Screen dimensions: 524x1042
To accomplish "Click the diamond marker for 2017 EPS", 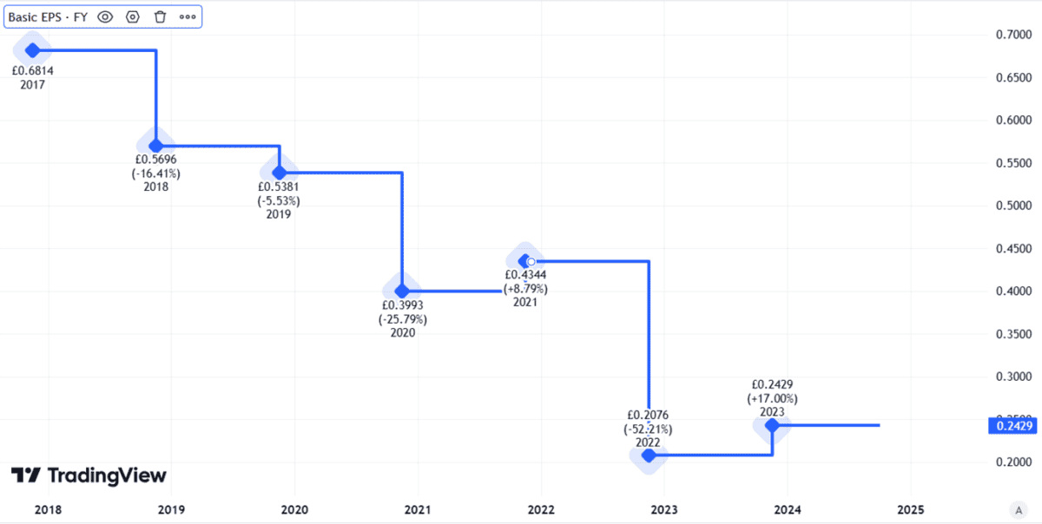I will (x=33, y=50).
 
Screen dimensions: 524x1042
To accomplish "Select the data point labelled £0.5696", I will (x=155, y=146).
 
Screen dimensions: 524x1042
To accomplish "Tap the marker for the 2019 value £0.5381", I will (x=280, y=173).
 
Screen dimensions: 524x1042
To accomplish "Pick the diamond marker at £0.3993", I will (x=402, y=291).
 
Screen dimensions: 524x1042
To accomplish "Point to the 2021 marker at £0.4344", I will (x=524, y=260).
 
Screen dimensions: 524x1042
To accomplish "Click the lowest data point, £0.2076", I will (x=648, y=455).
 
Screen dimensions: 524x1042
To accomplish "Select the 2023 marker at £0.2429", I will (x=771, y=425).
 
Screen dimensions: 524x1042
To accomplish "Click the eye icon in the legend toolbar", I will (x=105, y=16).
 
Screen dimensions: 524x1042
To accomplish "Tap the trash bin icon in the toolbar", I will (x=160, y=16).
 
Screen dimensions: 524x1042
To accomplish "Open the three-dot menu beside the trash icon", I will (x=188, y=16).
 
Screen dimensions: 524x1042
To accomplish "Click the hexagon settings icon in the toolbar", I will (x=133, y=16).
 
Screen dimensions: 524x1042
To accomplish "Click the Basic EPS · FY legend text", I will (x=48, y=16).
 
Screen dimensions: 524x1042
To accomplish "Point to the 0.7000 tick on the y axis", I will (x=1013, y=35).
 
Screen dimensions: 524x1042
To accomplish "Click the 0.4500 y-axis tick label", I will (x=1013, y=249).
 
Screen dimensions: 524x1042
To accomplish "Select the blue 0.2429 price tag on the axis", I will (x=1013, y=425).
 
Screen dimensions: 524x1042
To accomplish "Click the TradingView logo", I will (x=89, y=475).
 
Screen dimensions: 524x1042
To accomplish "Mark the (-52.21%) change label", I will (x=647, y=429).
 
